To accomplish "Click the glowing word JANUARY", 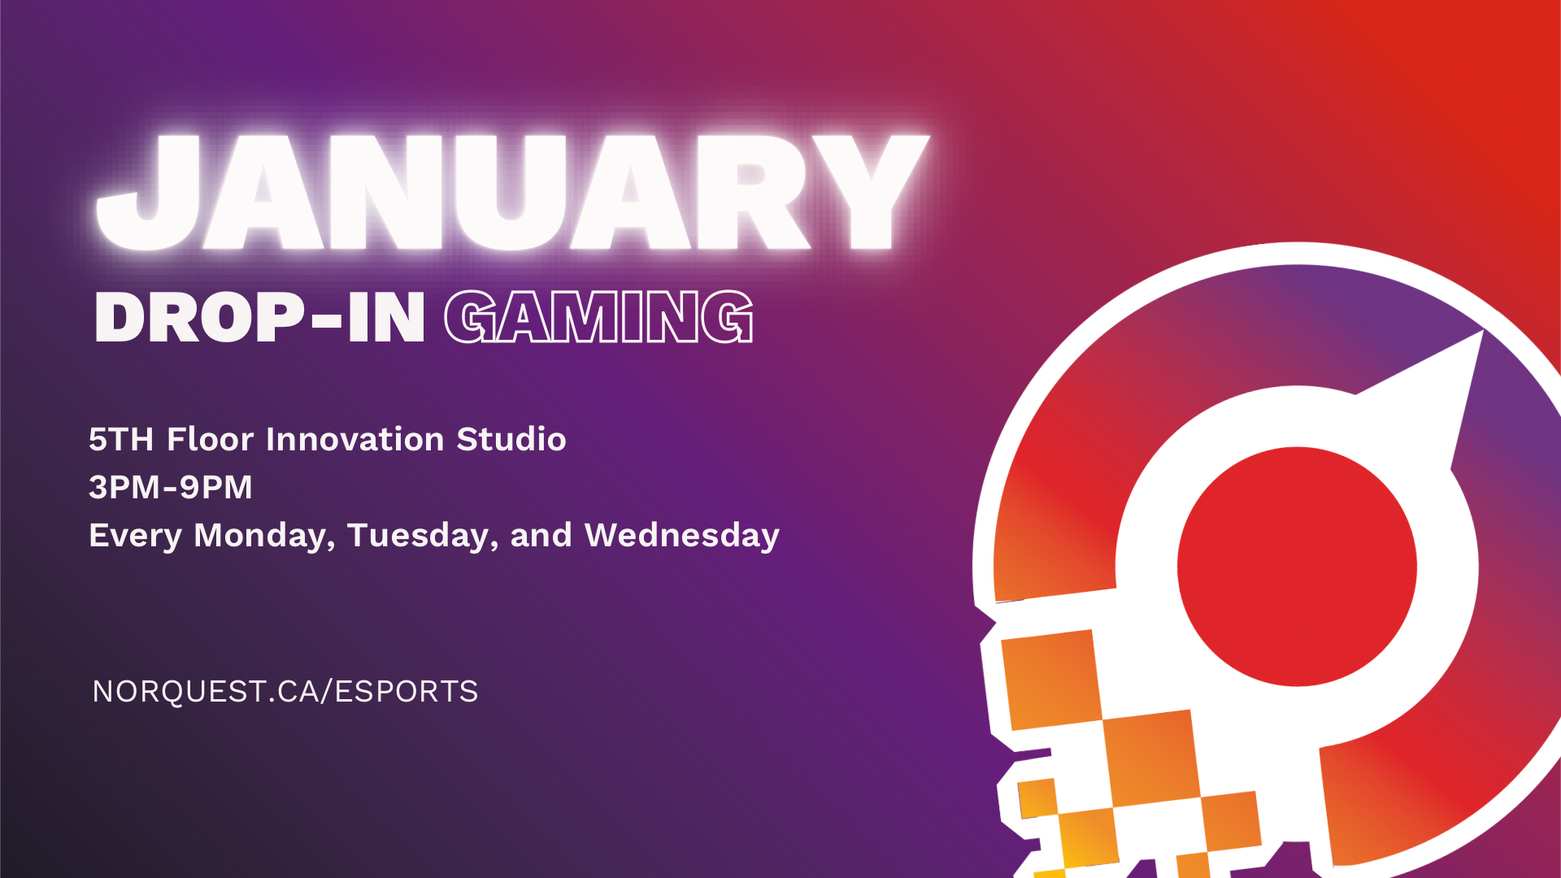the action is (x=512, y=192).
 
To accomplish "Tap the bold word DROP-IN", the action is (x=259, y=317).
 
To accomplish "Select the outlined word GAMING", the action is (x=599, y=317).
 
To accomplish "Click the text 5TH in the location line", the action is (x=121, y=439).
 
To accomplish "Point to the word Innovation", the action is (x=355, y=439).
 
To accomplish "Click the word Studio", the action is (x=511, y=439).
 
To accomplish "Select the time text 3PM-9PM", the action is (x=171, y=487).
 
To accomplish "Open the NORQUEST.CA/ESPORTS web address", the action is (x=285, y=691).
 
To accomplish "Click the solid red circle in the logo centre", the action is (x=1298, y=567).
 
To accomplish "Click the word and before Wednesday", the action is (x=541, y=535).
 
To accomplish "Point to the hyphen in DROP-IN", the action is (x=327, y=320).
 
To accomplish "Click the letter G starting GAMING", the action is (x=471, y=317).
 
